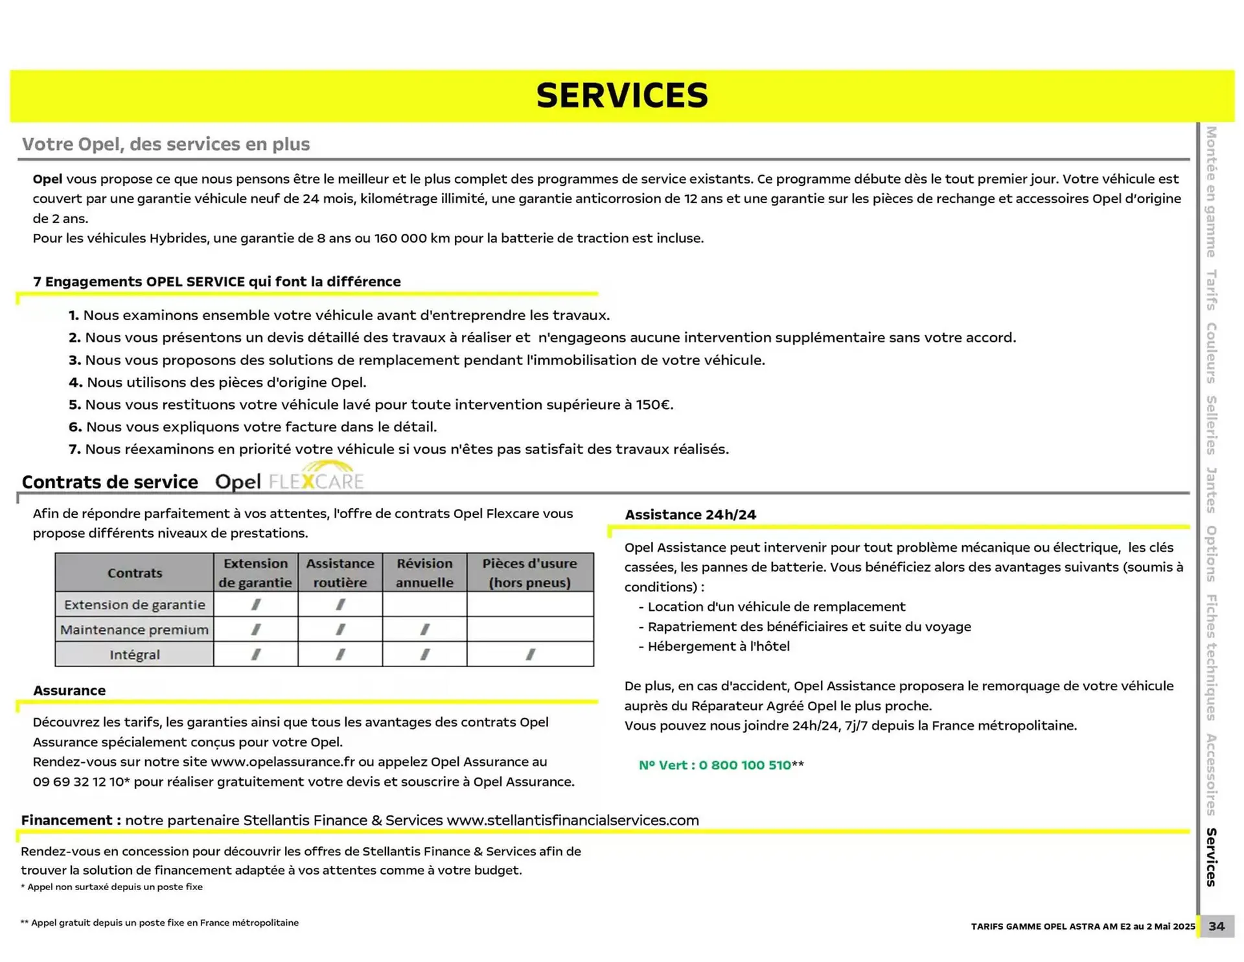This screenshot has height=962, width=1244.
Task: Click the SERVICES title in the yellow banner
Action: [622, 96]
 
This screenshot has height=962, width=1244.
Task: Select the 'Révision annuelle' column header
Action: [424, 572]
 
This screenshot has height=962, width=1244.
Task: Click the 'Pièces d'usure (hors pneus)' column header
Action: [529, 572]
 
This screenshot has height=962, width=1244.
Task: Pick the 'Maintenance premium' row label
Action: [134, 629]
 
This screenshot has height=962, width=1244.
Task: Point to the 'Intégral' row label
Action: [134, 655]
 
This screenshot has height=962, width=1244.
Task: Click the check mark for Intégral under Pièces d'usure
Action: [530, 655]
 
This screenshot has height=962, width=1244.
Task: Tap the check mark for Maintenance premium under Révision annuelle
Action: [424, 629]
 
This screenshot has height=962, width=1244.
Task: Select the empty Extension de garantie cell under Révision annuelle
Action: [424, 604]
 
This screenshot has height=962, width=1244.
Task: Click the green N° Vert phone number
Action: [715, 765]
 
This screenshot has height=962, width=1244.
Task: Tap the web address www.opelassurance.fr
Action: [282, 762]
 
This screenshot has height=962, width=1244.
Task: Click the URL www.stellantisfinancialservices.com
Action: [573, 820]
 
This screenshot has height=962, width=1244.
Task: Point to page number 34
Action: [1216, 926]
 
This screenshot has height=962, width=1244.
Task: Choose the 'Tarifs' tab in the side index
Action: [1210, 290]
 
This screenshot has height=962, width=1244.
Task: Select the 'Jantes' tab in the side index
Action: [1210, 489]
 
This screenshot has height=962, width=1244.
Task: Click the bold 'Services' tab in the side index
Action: [1210, 857]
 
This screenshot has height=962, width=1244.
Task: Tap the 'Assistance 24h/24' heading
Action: [690, 515]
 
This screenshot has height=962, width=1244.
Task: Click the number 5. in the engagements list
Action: [75, 405]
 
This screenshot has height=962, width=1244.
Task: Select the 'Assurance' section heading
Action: [69, 690]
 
